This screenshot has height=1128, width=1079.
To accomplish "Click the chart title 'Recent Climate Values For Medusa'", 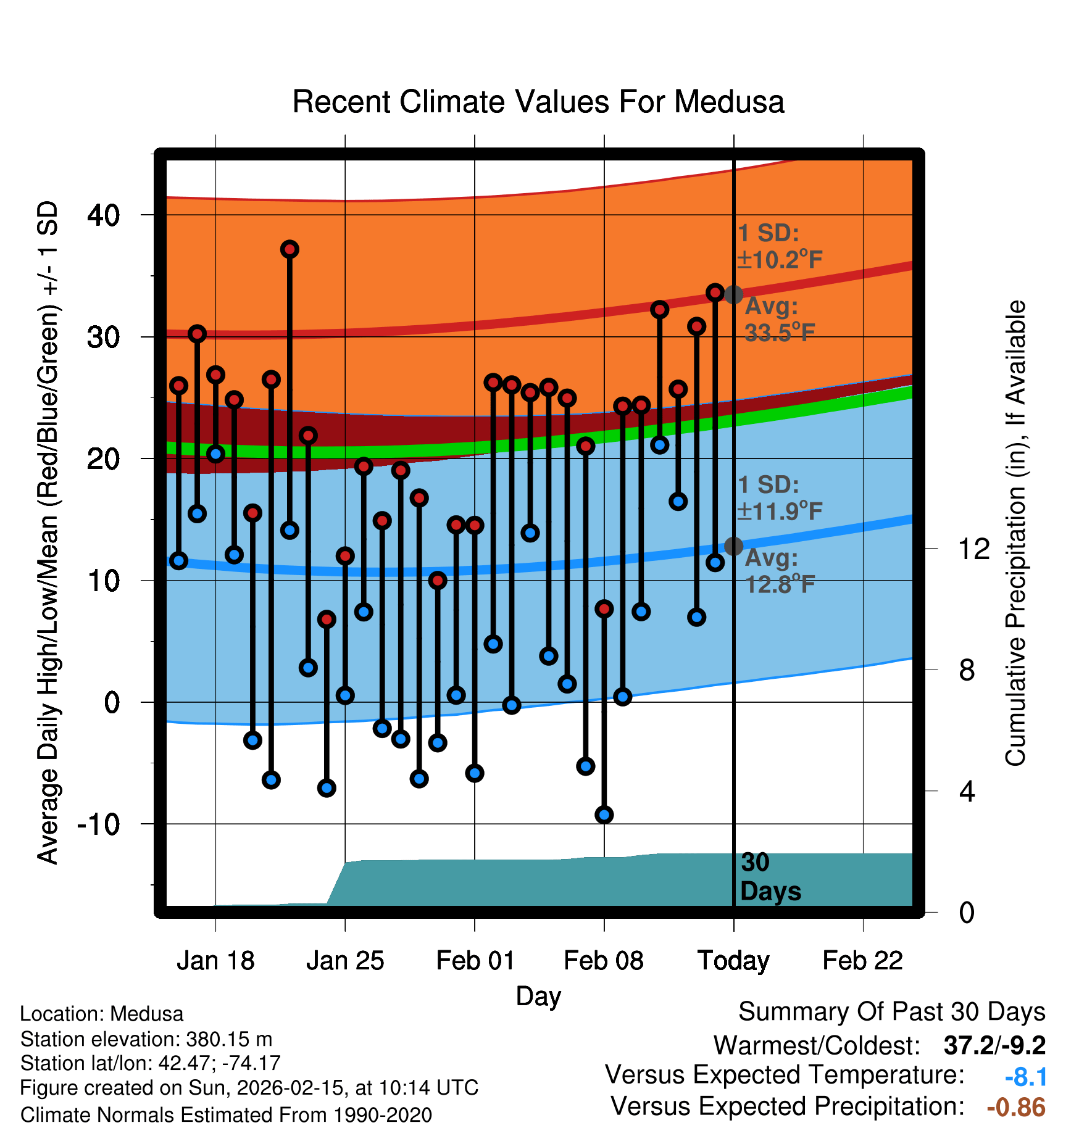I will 538,102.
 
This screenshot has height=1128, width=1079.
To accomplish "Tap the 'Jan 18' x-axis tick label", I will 215,961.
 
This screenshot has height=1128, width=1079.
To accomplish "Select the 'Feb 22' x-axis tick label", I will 862,961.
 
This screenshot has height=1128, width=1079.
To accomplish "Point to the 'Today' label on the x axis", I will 733,961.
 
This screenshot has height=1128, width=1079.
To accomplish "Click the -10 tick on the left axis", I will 99,824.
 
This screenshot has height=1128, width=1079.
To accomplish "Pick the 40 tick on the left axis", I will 104,215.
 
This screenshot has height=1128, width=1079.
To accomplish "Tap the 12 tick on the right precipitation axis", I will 973,549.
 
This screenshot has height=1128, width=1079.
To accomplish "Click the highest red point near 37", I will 290,249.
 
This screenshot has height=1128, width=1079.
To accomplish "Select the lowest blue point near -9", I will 604,815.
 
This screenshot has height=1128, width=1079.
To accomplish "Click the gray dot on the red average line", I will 733,294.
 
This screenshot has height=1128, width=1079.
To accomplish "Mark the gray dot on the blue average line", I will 733,546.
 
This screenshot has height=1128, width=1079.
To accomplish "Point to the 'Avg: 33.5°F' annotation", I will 779,320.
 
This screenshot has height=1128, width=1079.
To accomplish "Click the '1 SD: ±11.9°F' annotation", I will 779,497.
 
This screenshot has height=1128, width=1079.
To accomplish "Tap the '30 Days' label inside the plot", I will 769,877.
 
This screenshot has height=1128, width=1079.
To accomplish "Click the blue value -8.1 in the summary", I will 1025,1077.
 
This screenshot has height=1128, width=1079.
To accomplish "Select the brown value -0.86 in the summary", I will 1016,1107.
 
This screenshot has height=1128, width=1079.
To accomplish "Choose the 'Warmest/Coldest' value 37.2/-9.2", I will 994,1045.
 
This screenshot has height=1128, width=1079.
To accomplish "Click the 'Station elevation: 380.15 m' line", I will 146,1039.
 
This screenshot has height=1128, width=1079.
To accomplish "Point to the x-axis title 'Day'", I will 538,996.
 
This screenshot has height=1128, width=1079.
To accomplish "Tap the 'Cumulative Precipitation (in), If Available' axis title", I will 1015,533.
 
